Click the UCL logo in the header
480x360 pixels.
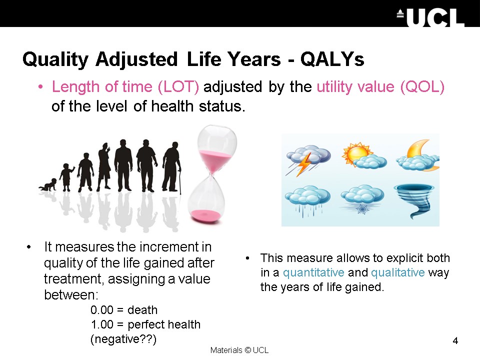(x=431, y=17)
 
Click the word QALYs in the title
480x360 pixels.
(x=332, y=59)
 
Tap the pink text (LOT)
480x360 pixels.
(x=178, y=86)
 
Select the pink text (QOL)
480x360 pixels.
(x=422, y=86)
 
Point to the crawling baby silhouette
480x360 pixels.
(x=48, y=185)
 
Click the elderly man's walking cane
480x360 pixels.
(x=179, y=180)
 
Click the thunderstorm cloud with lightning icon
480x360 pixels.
(x=308, y=160)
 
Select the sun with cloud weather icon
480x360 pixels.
(x=364, y=155)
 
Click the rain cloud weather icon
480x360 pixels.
(x=307, y=200)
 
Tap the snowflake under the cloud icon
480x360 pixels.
(x=362, y=209)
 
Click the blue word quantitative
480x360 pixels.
(x=313, y=272)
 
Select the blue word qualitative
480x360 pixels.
(x=397, y=272)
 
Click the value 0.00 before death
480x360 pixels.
(x=102, y=310)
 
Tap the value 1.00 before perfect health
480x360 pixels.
(x=102, y=324)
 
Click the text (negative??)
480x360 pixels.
(x=123, y=339)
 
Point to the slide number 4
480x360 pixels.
(x=455, y=340)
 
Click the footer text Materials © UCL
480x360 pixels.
(x=239, y=350)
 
